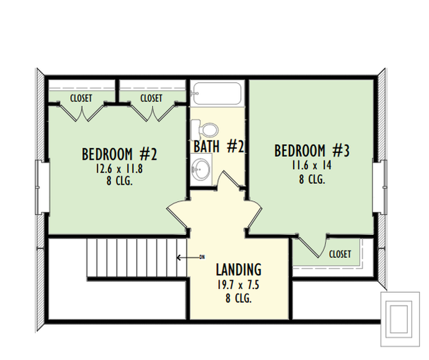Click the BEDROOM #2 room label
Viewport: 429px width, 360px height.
pyautogui.click(x=119, y=154)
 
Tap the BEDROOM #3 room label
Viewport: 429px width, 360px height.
pyautogui.click(x=312, y=151)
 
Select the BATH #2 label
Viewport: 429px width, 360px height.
pyautogui.click(x=220, y=147)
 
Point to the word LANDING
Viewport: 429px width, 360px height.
pyautogui.click(x=238, y=270)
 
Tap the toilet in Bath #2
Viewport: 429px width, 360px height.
pyautogui.click(x=207, y=130)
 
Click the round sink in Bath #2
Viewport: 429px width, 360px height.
pyautogui.click(x=201, y=170)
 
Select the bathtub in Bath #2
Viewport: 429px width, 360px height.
pyautogui.click(x=217, y=93)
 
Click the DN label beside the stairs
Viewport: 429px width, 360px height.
pyautogui.click(x=202, y=256)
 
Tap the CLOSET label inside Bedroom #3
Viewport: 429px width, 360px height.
pyautogui.click(x=340, y=253)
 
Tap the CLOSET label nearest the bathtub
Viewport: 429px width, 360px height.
pyautogui.click(x=151, y=98)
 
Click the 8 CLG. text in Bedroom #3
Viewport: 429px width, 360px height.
pyautogui.click(x=312, y=180)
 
